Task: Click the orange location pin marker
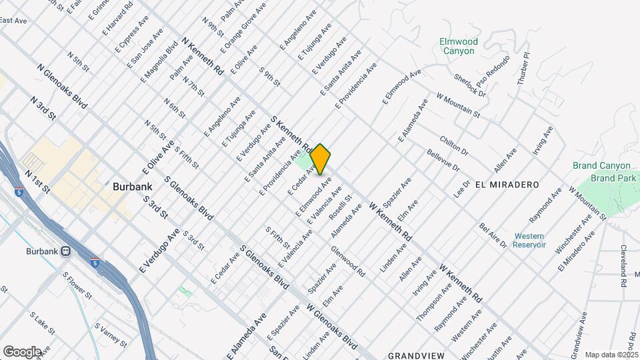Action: click(321, 159)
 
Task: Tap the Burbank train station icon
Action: click(65, 251)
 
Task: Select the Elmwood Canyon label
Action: click(457, 46)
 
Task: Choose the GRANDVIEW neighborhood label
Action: click(416, 355)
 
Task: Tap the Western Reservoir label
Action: click(530, 240)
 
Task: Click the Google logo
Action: click(22, 351)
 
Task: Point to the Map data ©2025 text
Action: click(611, 355)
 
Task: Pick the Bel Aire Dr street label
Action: click(493, 236)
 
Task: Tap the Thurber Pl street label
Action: click(526, 65)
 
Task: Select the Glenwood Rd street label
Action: click(348, 261)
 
